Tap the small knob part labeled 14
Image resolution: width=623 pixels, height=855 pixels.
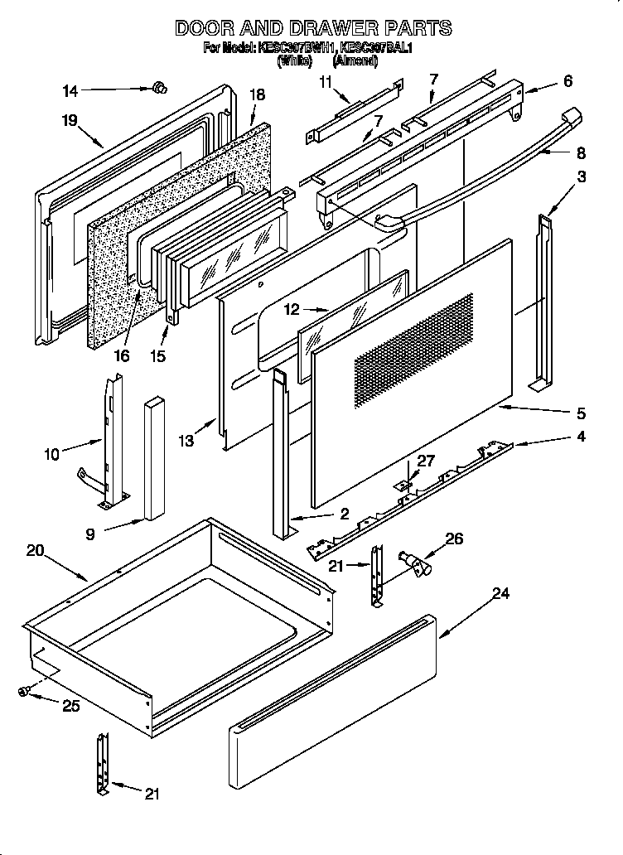click(161, 86)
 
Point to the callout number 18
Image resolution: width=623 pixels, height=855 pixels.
click(257, 95)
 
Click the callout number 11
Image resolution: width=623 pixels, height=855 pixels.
click(324, 80)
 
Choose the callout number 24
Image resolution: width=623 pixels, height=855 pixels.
click(500, 593)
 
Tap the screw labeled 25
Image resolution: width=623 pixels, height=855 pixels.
click(24, 691)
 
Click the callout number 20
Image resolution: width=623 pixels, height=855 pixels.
click(35, 549)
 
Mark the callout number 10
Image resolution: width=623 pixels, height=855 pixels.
click(51, 453)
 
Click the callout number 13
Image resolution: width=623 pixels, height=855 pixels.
click(186, 442)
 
